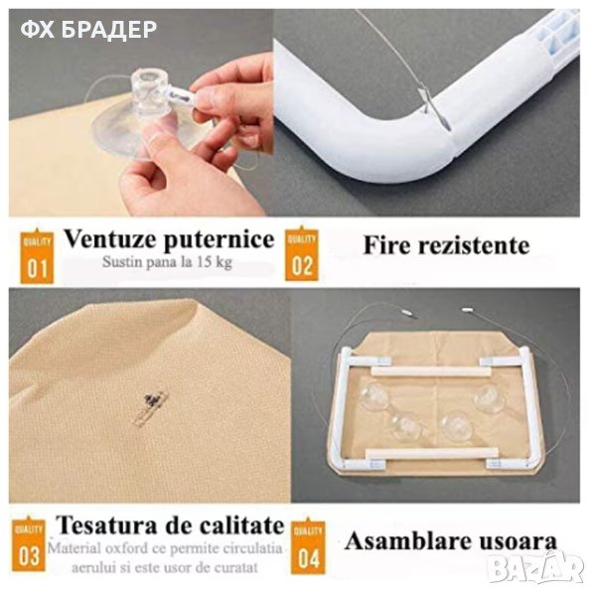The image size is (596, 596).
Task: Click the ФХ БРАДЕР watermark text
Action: (x=88, y=30)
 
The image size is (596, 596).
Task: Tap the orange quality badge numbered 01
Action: (x=37, y=256)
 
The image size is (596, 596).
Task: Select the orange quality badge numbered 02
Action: (x=302, y=254)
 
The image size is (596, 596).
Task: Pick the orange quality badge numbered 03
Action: (x=29, y=544)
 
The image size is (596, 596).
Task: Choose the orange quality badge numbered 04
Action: (x=308, y=546)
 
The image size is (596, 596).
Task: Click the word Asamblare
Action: (x=408, y=541)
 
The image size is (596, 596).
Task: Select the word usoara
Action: (x=517, y=542)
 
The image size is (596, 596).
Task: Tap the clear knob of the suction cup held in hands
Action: (x=147, y=91)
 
